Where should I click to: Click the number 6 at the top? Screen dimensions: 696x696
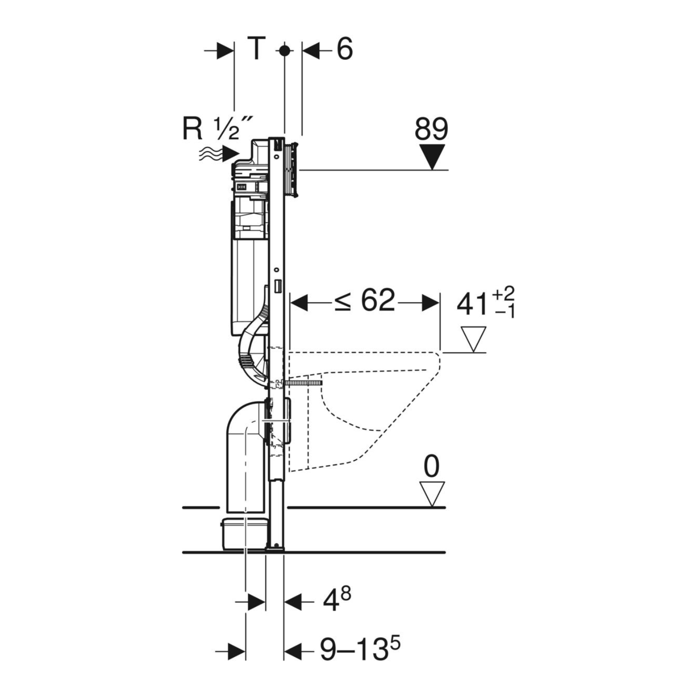344,49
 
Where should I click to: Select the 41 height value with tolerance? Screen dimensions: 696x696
485,303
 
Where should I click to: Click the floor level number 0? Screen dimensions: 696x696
432,466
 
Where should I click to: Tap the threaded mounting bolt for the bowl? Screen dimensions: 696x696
302,383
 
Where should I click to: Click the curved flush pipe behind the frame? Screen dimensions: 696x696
251,353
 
